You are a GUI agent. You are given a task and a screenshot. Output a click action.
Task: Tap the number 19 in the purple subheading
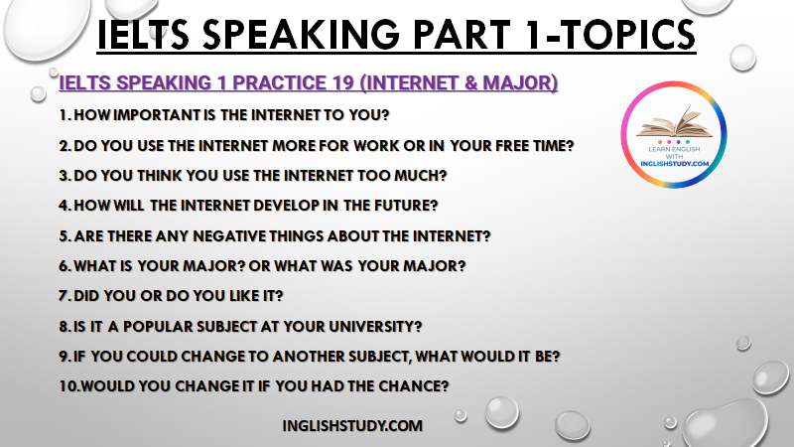click(343, 82)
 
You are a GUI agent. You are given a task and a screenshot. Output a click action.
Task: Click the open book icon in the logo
click(674, 122)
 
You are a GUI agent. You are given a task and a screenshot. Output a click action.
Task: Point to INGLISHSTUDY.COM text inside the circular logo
click(674, 164)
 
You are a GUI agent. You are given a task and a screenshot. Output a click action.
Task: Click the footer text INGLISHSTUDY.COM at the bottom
click(352, 426)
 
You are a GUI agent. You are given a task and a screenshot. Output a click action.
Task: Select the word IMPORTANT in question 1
click(158, 115)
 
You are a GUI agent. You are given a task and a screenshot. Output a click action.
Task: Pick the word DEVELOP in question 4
click(286, 206)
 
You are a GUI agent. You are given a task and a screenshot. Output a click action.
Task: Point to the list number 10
click(68, 386)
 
